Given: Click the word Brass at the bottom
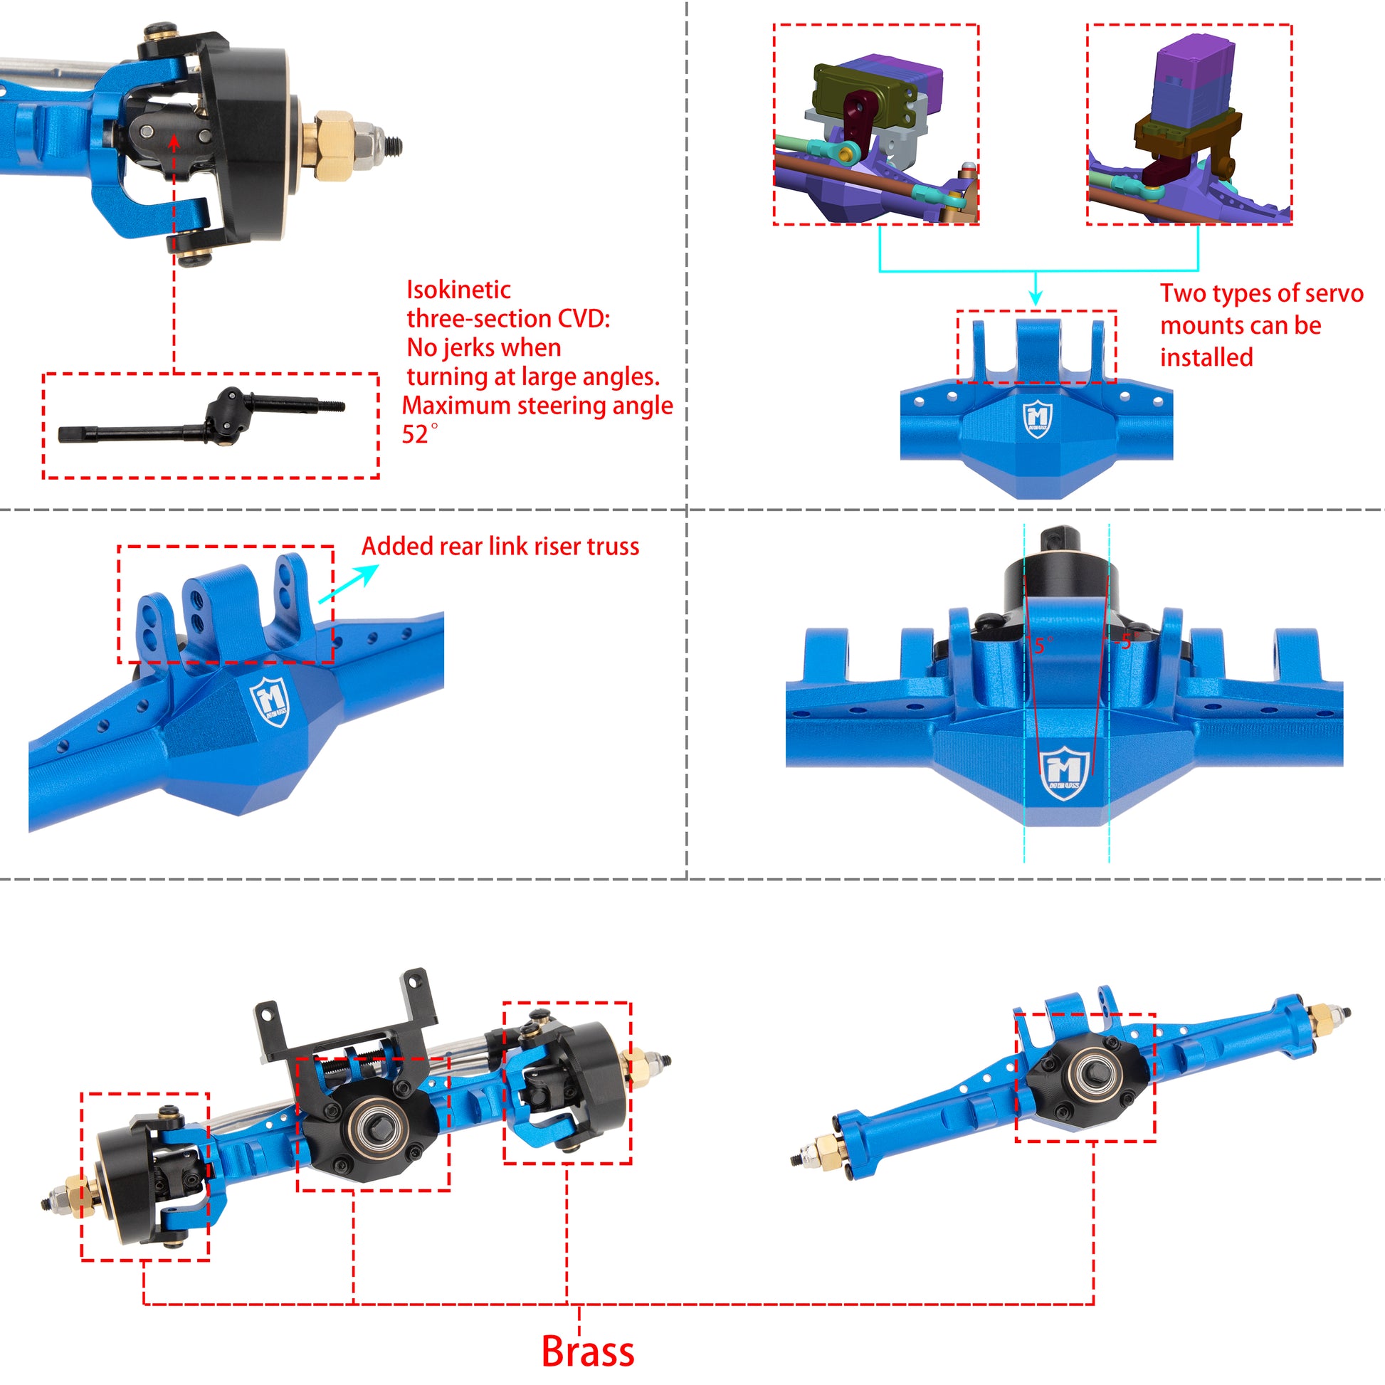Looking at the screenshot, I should pos(587,1352).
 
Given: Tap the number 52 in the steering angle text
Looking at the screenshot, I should pos(414,435).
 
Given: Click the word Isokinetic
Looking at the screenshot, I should pos(458,290).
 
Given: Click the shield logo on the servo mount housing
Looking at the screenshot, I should pos(1036,420).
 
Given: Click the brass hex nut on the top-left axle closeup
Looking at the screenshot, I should pos(332,145).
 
